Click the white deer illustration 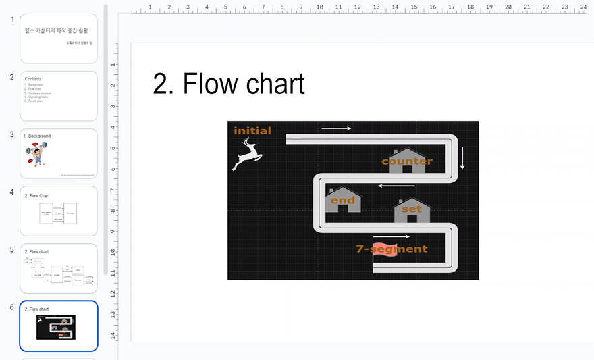(x=247, y=155)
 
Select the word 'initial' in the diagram (x=252, y=131)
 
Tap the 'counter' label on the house (x=407, y=161)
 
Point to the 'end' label (x=342, y=201)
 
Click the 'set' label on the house (x=412, y=209)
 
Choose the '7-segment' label (x=391, y=249)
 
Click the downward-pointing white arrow (x=462, y=157)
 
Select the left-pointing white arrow (x=396, y=186)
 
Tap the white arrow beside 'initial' (x=336, y=128)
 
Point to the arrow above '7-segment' (x=391, y=237)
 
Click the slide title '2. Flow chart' (x=229, y=84)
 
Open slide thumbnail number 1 (x=59, y=38)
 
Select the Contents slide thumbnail (x=59, y=96)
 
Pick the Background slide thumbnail (x=59, y=153)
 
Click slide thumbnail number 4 (x=59, y=211)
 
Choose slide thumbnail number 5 (x=59, y=268)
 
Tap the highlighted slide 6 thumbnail (x=59, y=326)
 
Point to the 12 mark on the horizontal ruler (x=357, y=7)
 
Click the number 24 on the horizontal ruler (x=583, y=7)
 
